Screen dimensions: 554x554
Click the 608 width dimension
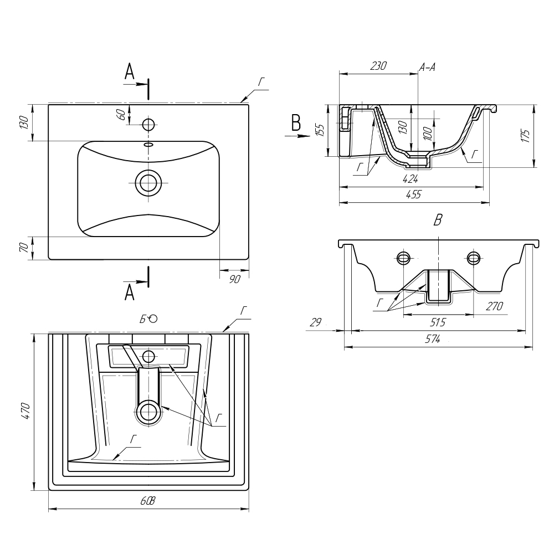tap(148, 501)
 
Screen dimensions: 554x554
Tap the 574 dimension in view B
tap(433, 340)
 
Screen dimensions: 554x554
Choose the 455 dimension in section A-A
tap(414, 194)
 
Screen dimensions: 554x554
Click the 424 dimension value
tap(411, 178)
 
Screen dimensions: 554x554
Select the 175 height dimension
tap(525, 136)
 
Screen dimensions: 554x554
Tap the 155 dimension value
tap(320, 131)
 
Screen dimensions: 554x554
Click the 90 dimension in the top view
tap(234, 279)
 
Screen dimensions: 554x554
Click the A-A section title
tap(427, 68)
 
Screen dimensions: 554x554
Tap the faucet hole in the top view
tap(148, 123)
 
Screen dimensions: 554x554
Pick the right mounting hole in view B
tap(473, 257)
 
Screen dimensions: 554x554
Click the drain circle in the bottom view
tap(148, 412)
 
